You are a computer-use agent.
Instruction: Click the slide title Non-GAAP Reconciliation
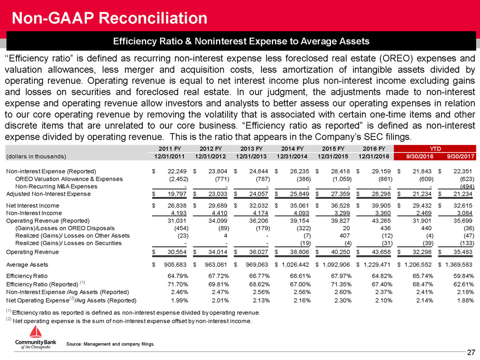pos(109,18)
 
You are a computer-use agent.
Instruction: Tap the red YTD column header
pos(435,149)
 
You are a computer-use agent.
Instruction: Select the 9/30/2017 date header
pos(461,157)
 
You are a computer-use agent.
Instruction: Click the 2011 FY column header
pos(170,149)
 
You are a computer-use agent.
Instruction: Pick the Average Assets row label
pos(27,265)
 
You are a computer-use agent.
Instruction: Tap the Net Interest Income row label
pos(33,206)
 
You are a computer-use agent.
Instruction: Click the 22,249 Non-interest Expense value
pos(177,171)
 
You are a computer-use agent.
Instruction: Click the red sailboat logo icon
pos(35,332)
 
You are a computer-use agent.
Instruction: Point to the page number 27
pos(471,352)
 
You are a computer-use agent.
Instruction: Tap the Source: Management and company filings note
pos(111,344)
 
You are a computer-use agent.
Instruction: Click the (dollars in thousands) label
pos(36,157)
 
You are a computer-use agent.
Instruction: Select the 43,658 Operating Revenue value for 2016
pos(381,252)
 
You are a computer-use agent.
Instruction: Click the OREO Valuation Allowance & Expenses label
pos(69,179)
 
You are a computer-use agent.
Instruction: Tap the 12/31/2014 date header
pos(292,157)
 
